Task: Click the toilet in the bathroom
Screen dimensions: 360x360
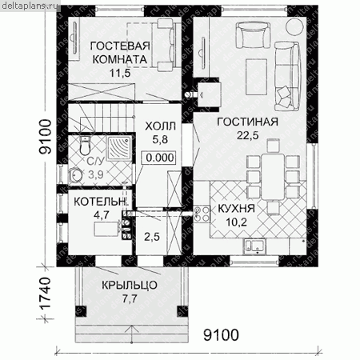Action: click(85, 146)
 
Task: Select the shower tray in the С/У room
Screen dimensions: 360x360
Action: click(119, 147)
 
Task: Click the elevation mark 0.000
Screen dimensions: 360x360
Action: click(160, 158)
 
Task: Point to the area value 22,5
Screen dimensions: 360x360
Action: click(248, 135)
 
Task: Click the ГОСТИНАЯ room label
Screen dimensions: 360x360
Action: click(248, 122)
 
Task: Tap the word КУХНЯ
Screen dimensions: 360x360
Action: click(237, 209)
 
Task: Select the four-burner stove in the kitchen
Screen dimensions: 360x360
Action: click(202, 214)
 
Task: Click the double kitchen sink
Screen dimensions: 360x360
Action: click(254, 246)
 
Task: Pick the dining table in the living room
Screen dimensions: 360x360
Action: click(273, 177)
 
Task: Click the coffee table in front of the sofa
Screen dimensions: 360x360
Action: click(256, 77)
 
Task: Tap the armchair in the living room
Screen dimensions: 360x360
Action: click(253, 35)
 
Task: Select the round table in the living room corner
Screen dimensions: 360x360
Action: click(294, 27)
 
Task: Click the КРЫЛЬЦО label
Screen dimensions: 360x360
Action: click(130, 285)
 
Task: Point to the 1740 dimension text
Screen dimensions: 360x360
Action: click(45, 294)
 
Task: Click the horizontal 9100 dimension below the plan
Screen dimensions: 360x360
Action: click(221, 335)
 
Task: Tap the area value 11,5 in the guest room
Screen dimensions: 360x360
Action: click(120, 73)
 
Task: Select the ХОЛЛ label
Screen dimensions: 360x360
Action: click(160, 126)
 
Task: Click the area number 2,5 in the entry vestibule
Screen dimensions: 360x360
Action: click(152, 237)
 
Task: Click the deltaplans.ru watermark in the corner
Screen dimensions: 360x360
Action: click(30, 6)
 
